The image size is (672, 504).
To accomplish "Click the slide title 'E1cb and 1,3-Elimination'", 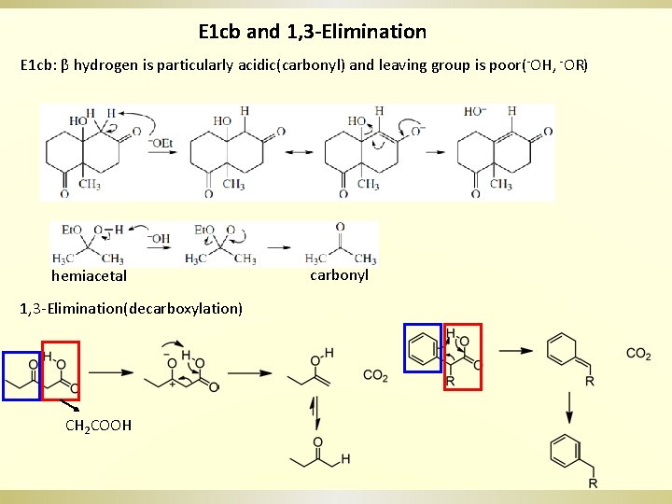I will point(313,32).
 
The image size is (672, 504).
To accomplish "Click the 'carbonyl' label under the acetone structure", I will point(339,275).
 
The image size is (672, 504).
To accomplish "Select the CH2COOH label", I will point(98,426).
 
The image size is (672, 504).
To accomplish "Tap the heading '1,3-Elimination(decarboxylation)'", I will point(132,308).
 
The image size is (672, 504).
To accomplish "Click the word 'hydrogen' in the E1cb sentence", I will point(106,66).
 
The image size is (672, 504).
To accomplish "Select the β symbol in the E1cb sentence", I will point(65,66).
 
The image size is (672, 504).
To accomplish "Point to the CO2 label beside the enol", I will point(375,375).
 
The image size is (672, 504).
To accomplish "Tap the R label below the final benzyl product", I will point(593,483).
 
